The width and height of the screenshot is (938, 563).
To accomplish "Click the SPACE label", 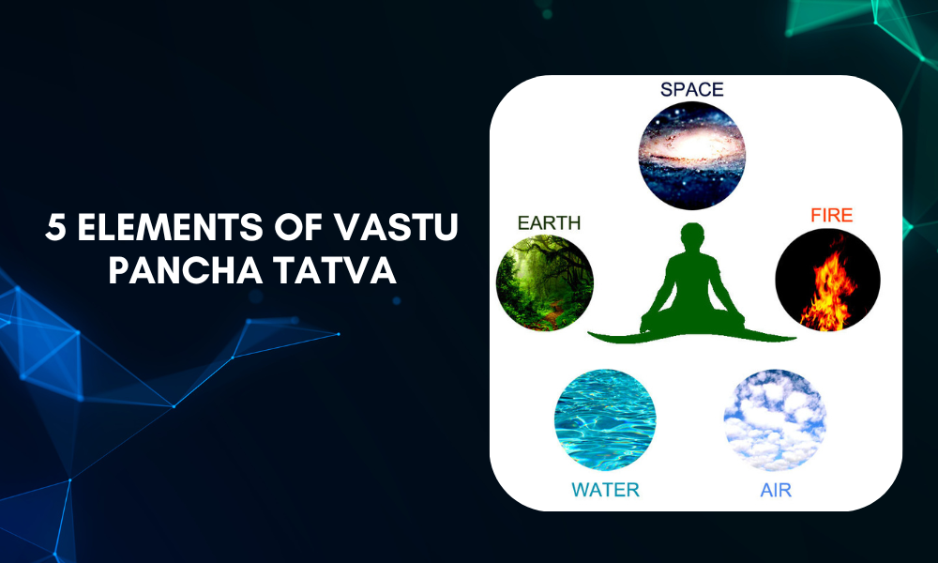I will pyautogui.click(x=692, y=90).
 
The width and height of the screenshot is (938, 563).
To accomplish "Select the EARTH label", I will pyautogui.click(x=549, y=223).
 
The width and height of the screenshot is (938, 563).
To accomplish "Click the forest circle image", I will pyautogui.click(x=544, y=282).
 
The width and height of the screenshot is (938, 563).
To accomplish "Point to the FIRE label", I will pyautogui.click(x=831, y=216).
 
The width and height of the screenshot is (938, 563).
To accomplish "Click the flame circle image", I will pyautogui.click(x=827, y=281).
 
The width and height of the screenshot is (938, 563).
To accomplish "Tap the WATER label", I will pyautogui.click(x=605, y=489).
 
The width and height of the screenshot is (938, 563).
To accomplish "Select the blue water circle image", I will pyautogui.click(x=605, y=418).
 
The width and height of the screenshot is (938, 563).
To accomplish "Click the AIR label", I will pyautogui.click(x=774, y=489).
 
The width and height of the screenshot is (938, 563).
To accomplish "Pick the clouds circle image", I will pyautogui.click(x=775, y=418).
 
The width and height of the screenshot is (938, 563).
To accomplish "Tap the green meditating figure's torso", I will pyautogui.click(x=692, y=277).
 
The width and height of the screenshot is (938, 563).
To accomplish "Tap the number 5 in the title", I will pyautogui.click(x=56, y=229).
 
